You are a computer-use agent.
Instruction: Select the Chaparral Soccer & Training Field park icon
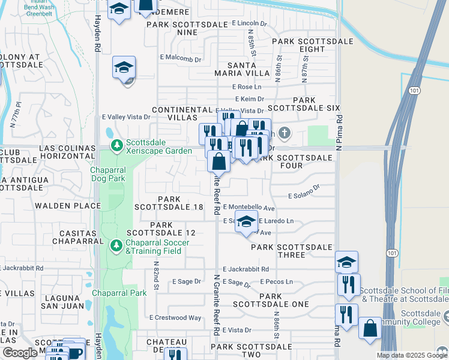[x=116, y=245]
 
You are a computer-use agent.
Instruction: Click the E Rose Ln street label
[x=248, y=87]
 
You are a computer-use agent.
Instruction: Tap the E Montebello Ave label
[x=249, y=207]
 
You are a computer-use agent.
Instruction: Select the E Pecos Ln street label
[x=276, y=281]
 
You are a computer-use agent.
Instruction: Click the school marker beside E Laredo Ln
[x=246, y=221]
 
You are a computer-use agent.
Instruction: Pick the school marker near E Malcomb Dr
[x=124, y=67]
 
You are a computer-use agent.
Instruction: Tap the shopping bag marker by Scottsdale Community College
[x=370, y=328]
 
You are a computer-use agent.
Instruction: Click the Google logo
[x=20, y=353]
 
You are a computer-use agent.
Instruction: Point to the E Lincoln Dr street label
[x=249, y=23]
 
